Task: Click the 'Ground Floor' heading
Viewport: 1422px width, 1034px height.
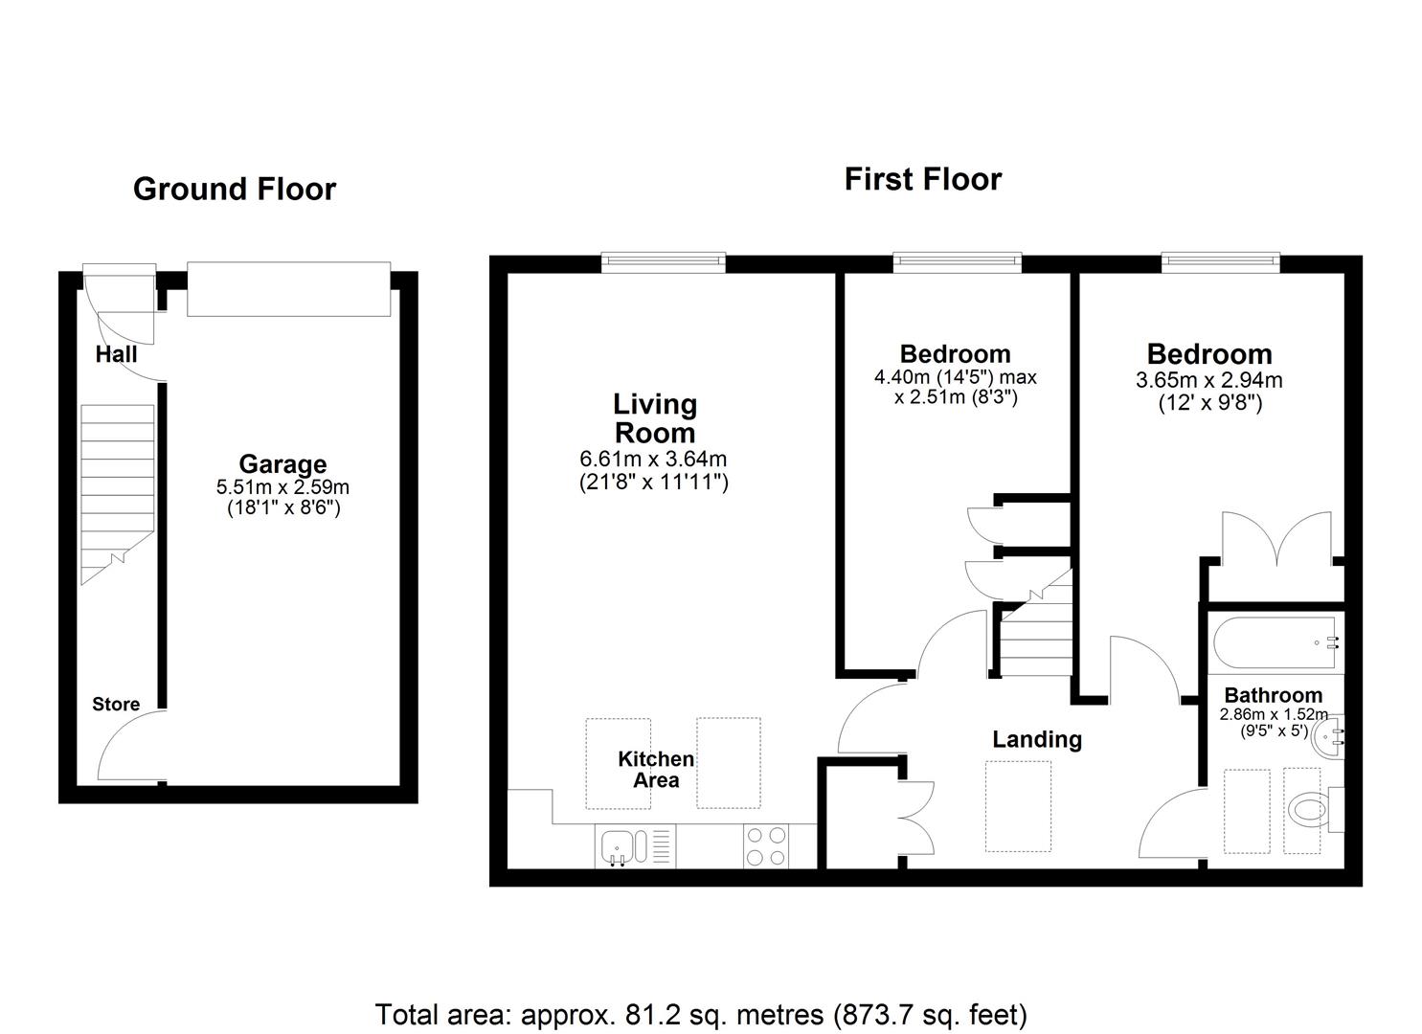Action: [235, 190]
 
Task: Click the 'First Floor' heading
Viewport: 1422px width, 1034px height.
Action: [922, 179]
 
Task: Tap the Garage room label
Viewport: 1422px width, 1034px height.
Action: [282, 464]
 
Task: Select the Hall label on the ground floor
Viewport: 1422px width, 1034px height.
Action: [116, 354]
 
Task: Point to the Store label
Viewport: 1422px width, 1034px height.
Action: [116, 704]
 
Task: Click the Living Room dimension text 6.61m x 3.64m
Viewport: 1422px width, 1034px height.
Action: [654, 460]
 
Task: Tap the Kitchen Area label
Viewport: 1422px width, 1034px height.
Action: [656, 770]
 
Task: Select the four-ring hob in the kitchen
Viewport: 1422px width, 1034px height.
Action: [765, 846]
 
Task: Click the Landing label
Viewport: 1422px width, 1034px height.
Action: [1037, 739]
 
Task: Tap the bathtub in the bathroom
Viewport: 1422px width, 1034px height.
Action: [1275, 643]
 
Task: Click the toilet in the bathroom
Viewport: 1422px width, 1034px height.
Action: [1307, 810]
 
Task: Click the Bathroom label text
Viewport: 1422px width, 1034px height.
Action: [1273, 696]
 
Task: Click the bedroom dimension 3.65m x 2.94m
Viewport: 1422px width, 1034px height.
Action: [1208, 380]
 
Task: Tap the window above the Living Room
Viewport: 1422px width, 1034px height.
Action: [663, 262]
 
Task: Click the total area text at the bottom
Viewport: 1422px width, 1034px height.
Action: [701, 1014]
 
